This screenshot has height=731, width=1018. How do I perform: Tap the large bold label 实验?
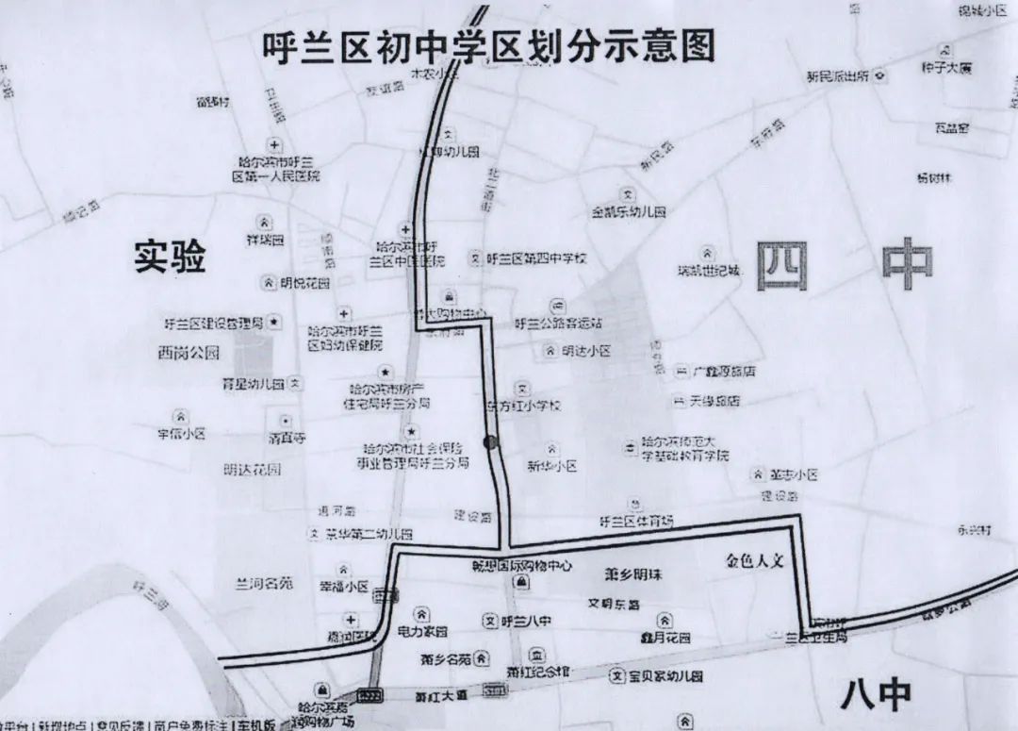tap(170, 257)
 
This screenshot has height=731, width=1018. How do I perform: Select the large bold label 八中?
tap(876, 696)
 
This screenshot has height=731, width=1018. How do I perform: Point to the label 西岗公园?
tap(189, 354)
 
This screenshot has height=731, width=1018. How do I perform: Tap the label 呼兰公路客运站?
tap(558, 323)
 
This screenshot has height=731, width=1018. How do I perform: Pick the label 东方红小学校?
tap(523, 406)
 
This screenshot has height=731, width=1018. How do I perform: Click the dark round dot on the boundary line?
tap(489, 441)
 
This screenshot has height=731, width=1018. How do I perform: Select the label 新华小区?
tap(551, 466)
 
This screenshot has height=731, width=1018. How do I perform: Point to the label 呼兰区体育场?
tap(637, 522)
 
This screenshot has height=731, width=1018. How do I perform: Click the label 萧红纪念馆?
tap(538, 673)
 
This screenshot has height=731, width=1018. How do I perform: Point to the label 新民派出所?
tap(836, 76)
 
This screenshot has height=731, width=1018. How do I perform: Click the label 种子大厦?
tap(945, 69)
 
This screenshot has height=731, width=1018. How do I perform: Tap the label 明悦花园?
tap(305, 283)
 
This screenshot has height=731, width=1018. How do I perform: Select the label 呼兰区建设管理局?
tap(213, 324)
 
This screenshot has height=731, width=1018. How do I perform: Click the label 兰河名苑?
tap(264, 584)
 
